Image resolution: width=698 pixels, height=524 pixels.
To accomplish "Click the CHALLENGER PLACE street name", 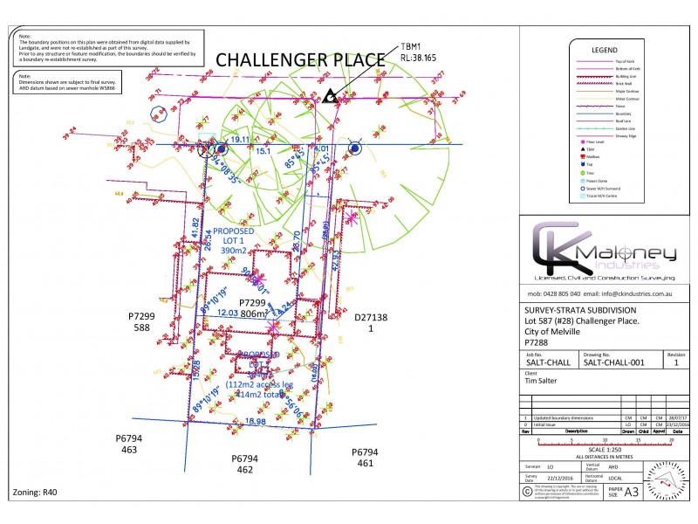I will point(299,60).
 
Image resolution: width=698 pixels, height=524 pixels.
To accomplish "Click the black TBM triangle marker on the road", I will point(329,97).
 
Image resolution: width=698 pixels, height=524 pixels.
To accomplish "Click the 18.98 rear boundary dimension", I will point(255,422).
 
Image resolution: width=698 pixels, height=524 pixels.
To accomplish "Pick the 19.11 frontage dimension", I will point(239,140).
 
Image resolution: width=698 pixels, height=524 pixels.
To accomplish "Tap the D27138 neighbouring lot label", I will point(370,318).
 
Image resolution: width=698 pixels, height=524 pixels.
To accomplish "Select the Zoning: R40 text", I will point(35,493).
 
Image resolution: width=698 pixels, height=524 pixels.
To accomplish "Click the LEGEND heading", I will point(605,51).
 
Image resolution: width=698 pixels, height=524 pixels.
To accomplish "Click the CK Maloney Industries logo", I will point(605,252).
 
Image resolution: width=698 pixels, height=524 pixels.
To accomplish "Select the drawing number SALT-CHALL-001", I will point(614,362).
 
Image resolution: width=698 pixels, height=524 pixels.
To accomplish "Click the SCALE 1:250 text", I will point(605,450).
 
